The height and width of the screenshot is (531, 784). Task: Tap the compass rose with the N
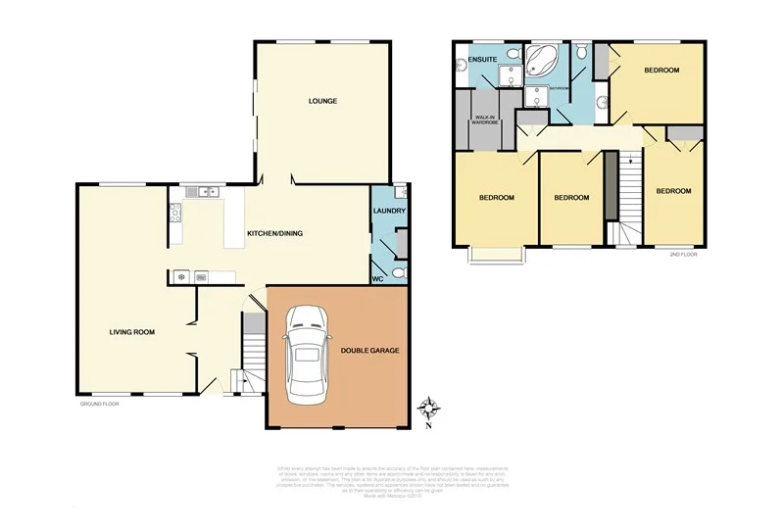click(x=428, y=409)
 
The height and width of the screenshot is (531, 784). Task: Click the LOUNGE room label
click(x=322, y=101)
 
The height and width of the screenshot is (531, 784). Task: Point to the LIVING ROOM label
click(x=132, y=332)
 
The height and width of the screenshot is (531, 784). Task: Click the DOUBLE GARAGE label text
click(x=369, y=350)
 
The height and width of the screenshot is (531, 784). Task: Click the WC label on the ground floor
click(x=378, y=278)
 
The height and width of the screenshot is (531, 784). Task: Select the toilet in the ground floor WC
click(x=395, y=272)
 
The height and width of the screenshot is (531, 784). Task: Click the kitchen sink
click(x=208, y=192)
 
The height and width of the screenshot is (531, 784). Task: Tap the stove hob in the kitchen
click(x=175, y=212)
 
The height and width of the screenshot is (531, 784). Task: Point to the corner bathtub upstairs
click(x=542, y=61)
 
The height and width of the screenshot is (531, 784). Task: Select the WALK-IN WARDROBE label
click(x=487, y=119)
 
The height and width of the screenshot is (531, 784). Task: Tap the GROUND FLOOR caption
click(x=99, y=403)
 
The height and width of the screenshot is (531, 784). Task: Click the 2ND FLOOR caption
click(x=682, y=254)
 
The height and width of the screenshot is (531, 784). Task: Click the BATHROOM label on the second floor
click(x=559, y=88)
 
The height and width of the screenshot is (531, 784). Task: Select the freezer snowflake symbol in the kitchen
click(x=181, y=277)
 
